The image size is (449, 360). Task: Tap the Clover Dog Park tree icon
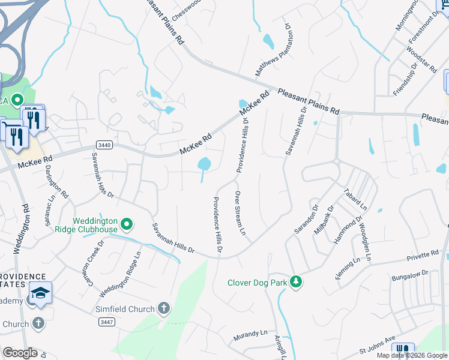[x=295, y=281]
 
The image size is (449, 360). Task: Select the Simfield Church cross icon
[x=163, y=308]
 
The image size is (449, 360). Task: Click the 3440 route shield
[x=104, y=145]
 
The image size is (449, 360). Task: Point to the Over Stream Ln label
[x=240, y=213]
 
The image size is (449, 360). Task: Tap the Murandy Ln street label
[x=250, y=334]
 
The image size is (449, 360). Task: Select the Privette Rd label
[x=423, y=255]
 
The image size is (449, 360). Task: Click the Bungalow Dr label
[x=409, y=274]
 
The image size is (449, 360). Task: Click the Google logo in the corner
[x=20, y=353]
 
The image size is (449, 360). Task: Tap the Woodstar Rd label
[x=421, y=58]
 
